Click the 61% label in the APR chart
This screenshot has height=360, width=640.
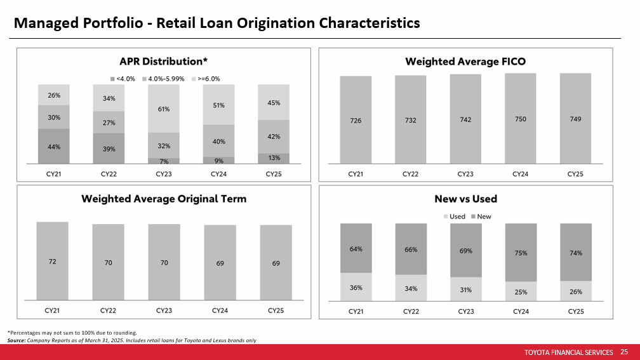(x=164, y=109)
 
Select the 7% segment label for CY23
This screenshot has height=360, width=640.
(x=164, y=161)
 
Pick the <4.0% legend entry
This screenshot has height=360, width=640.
(x=123, y=78)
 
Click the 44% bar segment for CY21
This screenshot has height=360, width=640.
(x=54, y=146)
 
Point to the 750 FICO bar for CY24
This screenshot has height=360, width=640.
(x=521, y=119)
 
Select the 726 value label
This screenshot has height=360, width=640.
(x=356, y=121)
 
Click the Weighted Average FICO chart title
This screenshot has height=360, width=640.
(x=465, y=62)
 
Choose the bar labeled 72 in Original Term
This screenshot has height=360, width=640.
(x=52, y=260)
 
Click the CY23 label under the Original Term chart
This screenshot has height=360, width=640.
(x=164, y=310)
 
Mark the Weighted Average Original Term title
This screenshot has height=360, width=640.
(x=164, y=199)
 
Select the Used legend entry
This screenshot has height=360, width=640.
(x=454, y=217)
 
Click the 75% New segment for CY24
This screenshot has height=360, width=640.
(x=521, y=252)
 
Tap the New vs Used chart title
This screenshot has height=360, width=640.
(x=465, y=199)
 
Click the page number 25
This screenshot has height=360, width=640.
(x=623, y=352)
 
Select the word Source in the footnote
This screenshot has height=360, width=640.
(x=16, y=340)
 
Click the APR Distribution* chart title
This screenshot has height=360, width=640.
(x=164, y=62)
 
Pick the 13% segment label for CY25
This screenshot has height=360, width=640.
(x=275, y=158)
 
